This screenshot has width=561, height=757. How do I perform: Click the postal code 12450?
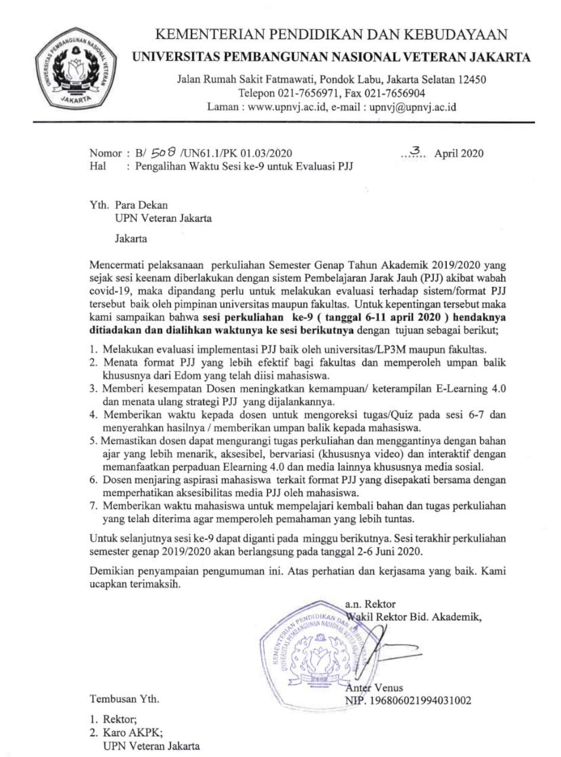click(x=468, y=80)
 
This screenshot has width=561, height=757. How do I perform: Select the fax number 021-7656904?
click(x=397, y=93)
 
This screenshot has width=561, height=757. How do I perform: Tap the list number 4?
click(x=93, y=415)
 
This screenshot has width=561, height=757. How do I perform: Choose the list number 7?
click(x=93, y=506)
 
